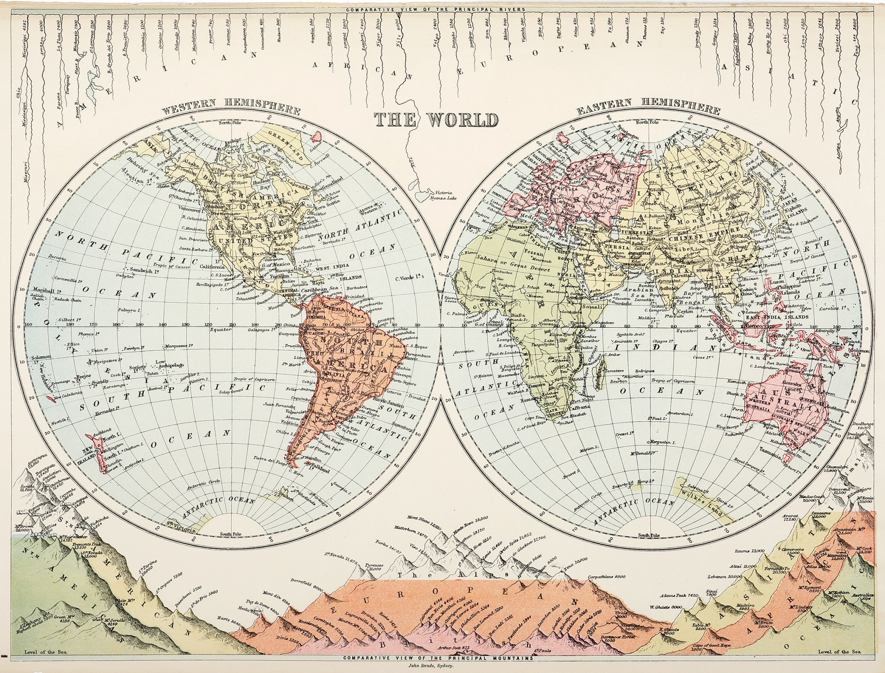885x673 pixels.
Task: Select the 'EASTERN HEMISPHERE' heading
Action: [648, 108]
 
